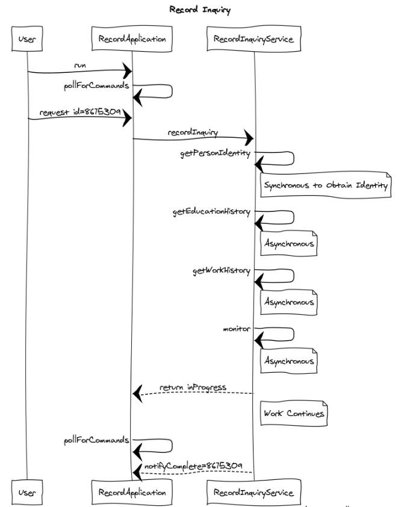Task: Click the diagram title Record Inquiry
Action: pyautogui.click(x=199, y=10)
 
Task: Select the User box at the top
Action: pyautogui.click(x=27, y=40)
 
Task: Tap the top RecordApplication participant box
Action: pyautogui.click(x=131, y=40)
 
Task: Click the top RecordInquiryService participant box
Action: pyautogui.click(x=254, y=40)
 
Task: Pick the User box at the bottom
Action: pyautogui.click(x=27, y=492)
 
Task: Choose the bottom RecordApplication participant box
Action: pyautogui.click(x=131, y=492)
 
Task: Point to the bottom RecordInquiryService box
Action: pyautogui.click(x=254, y=492)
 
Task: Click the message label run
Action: pyautogui.click(x=79, y=64)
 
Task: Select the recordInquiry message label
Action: pyautogui.click(x=193, y=131)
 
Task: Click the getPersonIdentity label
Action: pyautogui.click(x=215, y=154)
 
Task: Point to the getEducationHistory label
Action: pyautogui.click(x=211, y=212)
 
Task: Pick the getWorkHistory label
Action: pyautogui.click(x=221, y=270)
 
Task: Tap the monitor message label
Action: pyautogui.click(x=236, y=329)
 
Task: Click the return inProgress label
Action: pyautogui.click(x=193, y=387)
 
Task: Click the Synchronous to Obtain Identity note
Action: pyautogui.click(x=325, y=185)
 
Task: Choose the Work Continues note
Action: pyautogui.click(x=293, y=414)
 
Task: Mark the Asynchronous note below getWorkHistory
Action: pyautogui.click(x=288, y=302)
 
